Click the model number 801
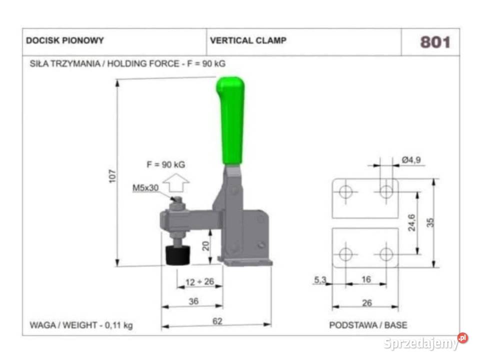pyautogui.click(x=434, y=42)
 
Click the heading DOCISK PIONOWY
pyautogui.click(x=65, y=40)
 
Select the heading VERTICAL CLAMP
pyautogui.click(x=248, y=40)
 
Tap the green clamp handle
pyautogui.click(x=232, y=120)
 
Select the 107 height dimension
pyautogui.click(x=112, y=175)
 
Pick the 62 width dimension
pyautogui.click(x=217, y=321)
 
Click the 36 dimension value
pyautogui.click(x=192, y=301)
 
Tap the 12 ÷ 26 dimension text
pyautogui.click(x=199, y=282)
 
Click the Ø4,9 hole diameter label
pyautogui.click(x=411, y=160)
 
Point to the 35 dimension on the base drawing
pyautogui.click(x=430, y=222)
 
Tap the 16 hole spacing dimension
pyautogui.click(x=366, y=279)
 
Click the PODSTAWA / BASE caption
pyautogui.click(x=368, y=325)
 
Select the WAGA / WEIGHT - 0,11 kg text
pyautogui.click(x=81, y=325)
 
